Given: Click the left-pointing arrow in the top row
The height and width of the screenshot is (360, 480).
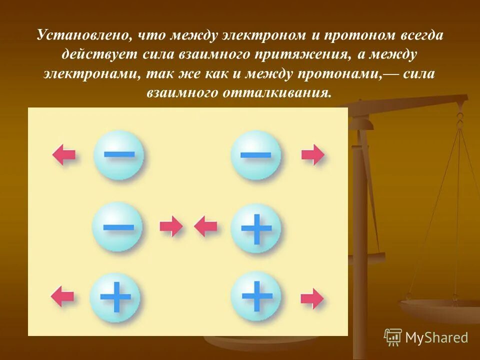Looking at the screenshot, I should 64,154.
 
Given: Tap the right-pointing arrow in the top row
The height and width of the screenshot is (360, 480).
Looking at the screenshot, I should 313,154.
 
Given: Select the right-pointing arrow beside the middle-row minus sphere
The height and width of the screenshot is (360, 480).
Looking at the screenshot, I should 171,226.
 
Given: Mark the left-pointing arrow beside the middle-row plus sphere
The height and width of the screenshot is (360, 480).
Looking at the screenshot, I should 205,226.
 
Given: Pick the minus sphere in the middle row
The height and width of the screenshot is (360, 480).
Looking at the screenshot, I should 118,226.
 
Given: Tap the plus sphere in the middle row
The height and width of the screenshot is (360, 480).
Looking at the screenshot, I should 256,228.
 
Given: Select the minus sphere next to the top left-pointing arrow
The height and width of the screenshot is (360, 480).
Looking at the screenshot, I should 119,154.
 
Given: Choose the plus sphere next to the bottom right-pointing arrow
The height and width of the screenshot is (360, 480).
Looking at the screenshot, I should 256,296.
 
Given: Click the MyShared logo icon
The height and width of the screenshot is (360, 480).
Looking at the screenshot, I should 392,337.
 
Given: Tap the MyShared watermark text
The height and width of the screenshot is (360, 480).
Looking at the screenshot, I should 436,337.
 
